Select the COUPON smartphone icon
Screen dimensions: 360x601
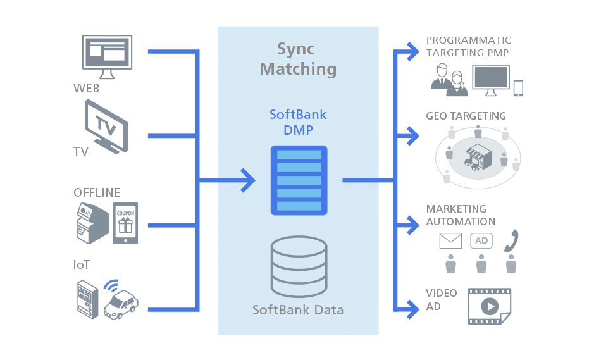click(x=125, y=223)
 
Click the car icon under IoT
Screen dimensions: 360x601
click(x=121, y=304)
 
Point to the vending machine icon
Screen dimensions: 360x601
click(x=86, y=299)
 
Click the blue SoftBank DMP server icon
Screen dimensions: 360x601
click(x=299, y=180)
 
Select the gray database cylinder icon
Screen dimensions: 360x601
click(x=298, y=266)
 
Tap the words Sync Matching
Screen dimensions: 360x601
click(x=298, y=59)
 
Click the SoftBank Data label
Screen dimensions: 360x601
click(x=298, y=310)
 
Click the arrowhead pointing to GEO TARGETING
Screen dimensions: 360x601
click(x=412, y=134)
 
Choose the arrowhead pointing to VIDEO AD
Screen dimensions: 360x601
click(x=412, y=309)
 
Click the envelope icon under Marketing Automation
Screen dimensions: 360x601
click(x=451, y=241)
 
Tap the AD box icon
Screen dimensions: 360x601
click(x=481, y=241)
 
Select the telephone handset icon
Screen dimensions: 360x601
click(x=511, y=240)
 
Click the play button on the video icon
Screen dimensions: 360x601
click(x=489, y=306)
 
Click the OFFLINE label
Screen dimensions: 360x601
click(x=97, y=192)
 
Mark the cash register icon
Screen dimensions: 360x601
click(x=88, y=223)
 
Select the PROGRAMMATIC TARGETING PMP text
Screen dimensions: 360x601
click(x=468, y=46)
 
